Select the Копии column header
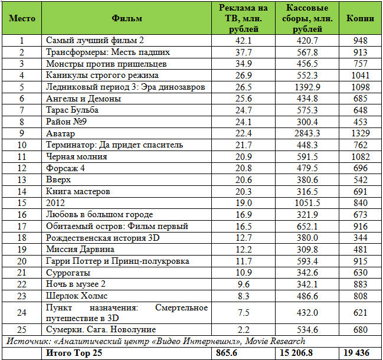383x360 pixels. click(x=360, y=18)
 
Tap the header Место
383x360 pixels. click(x=22, y=18)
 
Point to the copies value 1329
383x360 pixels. click(x=360, y=133)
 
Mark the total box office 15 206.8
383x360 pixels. click(x=307, y=353)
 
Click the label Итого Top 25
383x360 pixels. click(x=75, y=353)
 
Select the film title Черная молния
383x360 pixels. click(x=77, y=156)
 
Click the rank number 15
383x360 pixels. click(x=22, y=202)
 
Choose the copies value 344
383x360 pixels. click(x=360, y=237)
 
